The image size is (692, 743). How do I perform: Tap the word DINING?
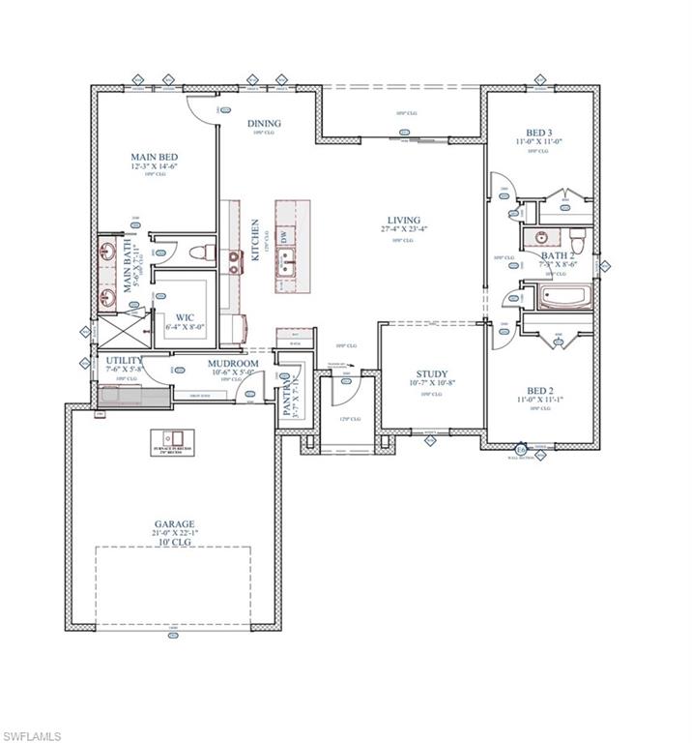[264, 123]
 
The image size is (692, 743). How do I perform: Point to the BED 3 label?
[538, 132]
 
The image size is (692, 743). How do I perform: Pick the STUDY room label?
[430, 373]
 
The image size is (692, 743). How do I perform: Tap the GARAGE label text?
[172, 524]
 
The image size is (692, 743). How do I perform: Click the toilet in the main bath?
[200, 253]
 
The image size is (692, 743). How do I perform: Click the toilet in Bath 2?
[577, 238]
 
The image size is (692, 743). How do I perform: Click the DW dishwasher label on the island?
[284, 236]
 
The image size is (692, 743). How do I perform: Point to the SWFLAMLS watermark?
[31, 736]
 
